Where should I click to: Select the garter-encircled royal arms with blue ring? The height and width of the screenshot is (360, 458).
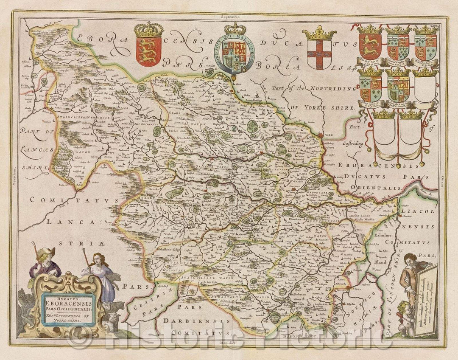(232, 52)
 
